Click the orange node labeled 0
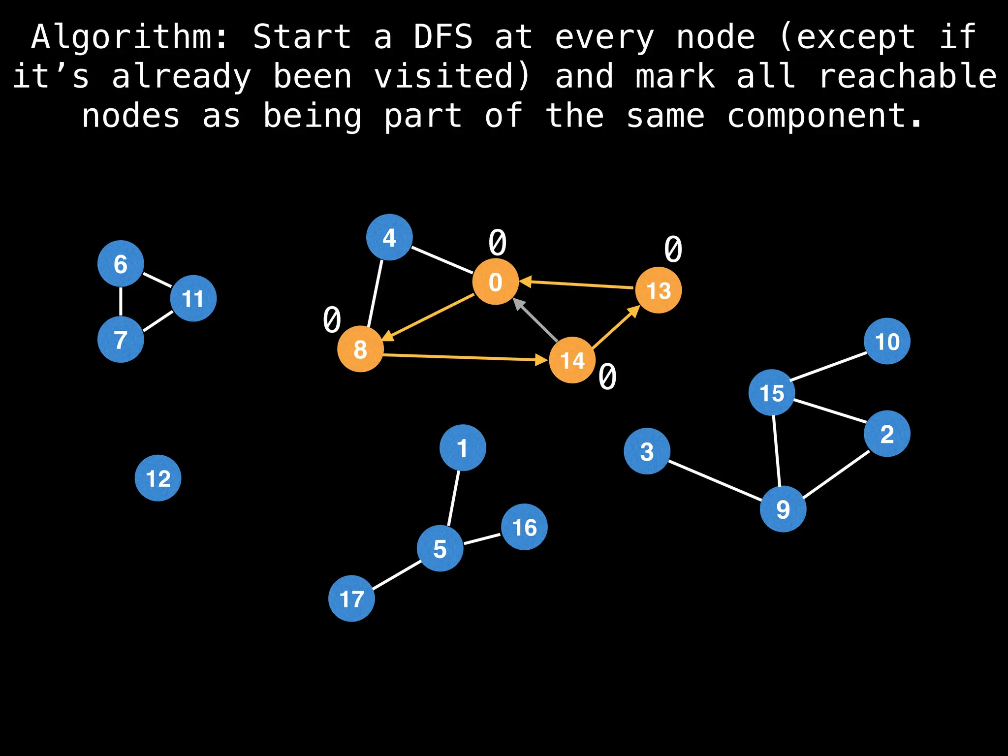click(495, 282)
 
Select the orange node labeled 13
click(658, 290)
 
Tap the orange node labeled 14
click(572, 360)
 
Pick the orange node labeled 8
click(360, 349)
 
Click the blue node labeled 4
click(389, 237)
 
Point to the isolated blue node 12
click(158, 478)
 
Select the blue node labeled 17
click(351, 598)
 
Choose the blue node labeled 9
click(783, 509)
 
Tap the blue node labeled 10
click(887, 341)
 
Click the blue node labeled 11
click(193, 298)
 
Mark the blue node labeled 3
click(647, 451)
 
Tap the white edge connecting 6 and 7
click(121, 302)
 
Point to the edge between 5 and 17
click(396, 574)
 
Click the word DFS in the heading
click(442, 37)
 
